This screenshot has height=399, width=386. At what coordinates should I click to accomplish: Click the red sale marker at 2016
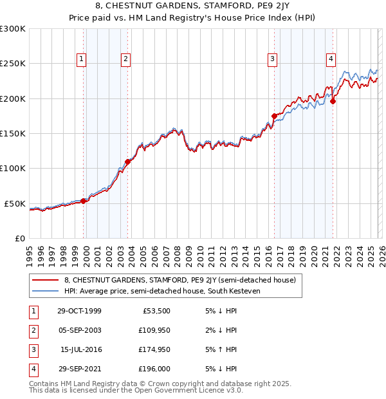click(x=274, y=116)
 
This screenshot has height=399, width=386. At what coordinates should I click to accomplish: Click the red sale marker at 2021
click(x=333, y=101)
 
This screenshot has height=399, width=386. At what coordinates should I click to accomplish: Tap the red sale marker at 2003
click(x=128, y=162)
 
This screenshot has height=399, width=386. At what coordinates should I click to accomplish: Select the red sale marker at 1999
click(x=84, y=201)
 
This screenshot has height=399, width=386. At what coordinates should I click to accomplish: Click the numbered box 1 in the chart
click(x=82, y=59)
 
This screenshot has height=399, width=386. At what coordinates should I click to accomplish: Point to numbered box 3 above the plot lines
click(x=272, y=59)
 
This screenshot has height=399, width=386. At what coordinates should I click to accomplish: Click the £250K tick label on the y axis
click(x=13, y=64)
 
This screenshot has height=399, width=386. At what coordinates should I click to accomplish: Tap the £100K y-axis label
click(x=13, y=168)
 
